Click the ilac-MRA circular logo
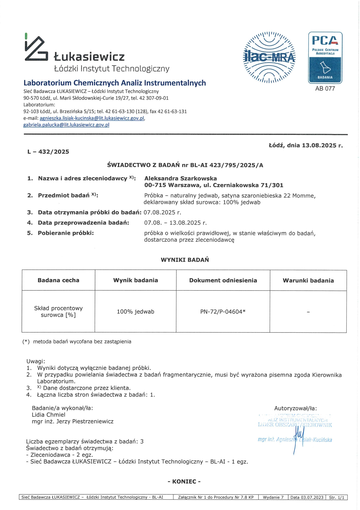269,57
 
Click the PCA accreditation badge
325,58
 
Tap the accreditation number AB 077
325,89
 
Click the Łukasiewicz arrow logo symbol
36,48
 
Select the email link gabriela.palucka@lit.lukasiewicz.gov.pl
66,125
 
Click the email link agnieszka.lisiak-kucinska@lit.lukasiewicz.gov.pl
92,118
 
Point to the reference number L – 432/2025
48,152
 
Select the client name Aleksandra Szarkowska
181,178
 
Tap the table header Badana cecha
58,280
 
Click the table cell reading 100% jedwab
135,312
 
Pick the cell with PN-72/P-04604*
223,312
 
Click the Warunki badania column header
308,280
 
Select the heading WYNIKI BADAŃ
185,260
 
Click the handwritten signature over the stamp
298,437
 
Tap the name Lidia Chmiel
48,415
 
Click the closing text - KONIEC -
184,482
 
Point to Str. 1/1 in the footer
336,498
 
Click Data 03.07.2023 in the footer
307,498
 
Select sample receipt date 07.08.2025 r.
162,212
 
